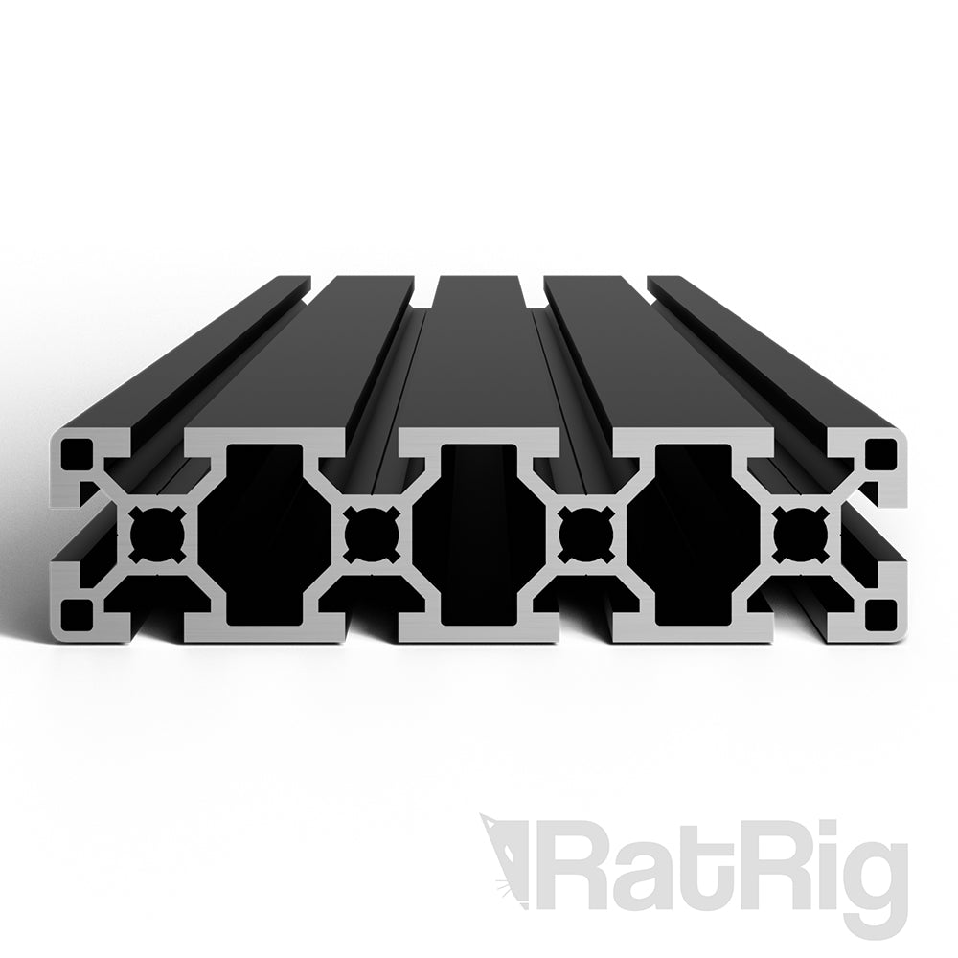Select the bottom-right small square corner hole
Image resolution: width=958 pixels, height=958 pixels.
point(878,611)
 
